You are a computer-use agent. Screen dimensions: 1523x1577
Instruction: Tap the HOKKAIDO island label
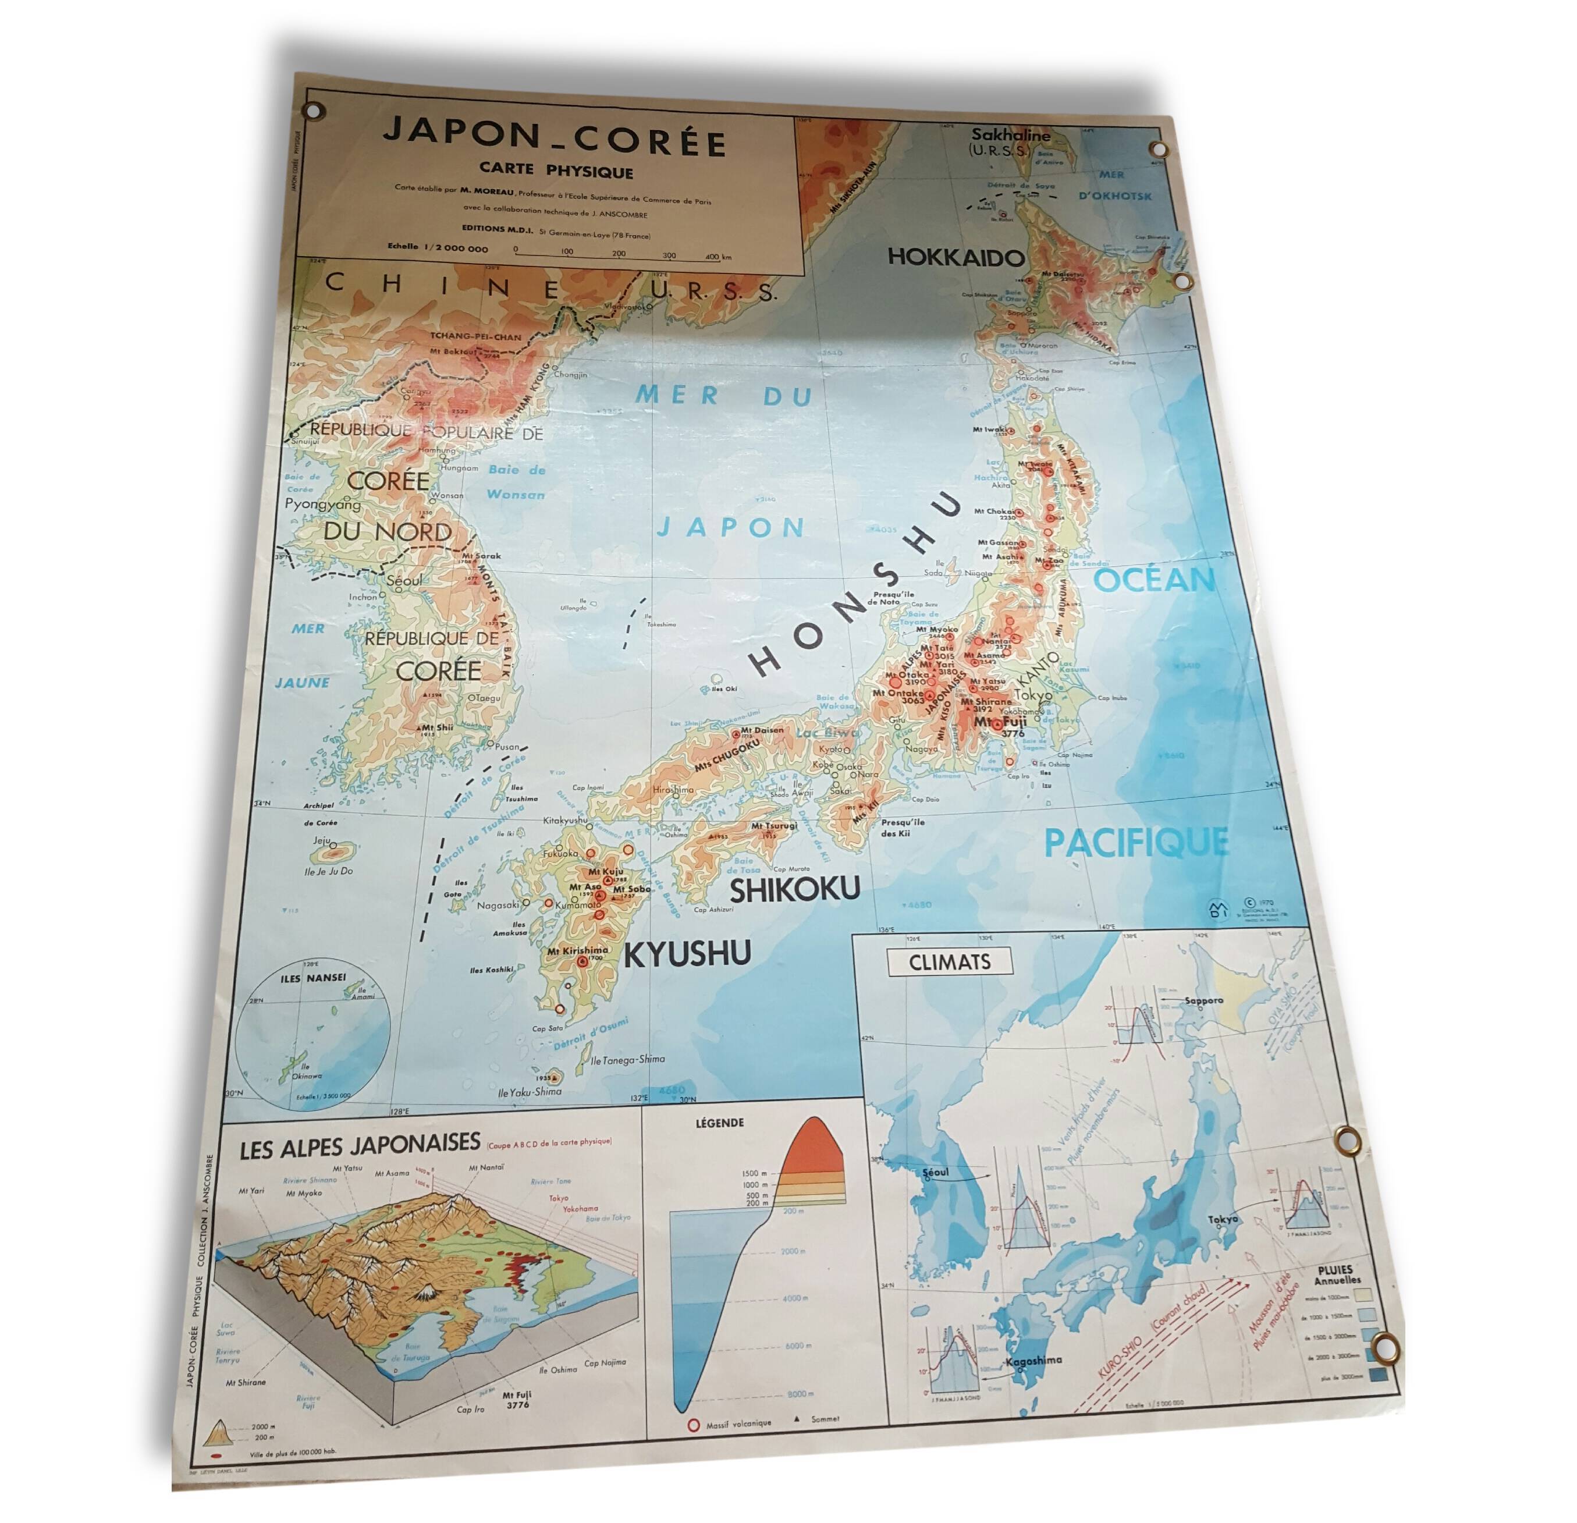(955, 257)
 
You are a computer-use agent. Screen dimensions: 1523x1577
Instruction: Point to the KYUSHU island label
(687, 953)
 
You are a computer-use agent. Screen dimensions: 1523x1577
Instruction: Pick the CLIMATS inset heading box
(950, 962)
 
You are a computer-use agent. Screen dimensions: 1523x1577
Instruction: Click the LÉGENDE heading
(719, 1123)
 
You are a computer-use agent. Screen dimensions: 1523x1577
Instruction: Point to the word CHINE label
(442, 286)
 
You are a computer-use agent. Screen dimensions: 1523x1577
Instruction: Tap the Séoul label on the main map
(404, 580)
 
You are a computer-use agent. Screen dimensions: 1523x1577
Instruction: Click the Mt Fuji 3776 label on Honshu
(1000, 726)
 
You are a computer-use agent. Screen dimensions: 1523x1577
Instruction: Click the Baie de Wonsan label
(516, 482)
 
